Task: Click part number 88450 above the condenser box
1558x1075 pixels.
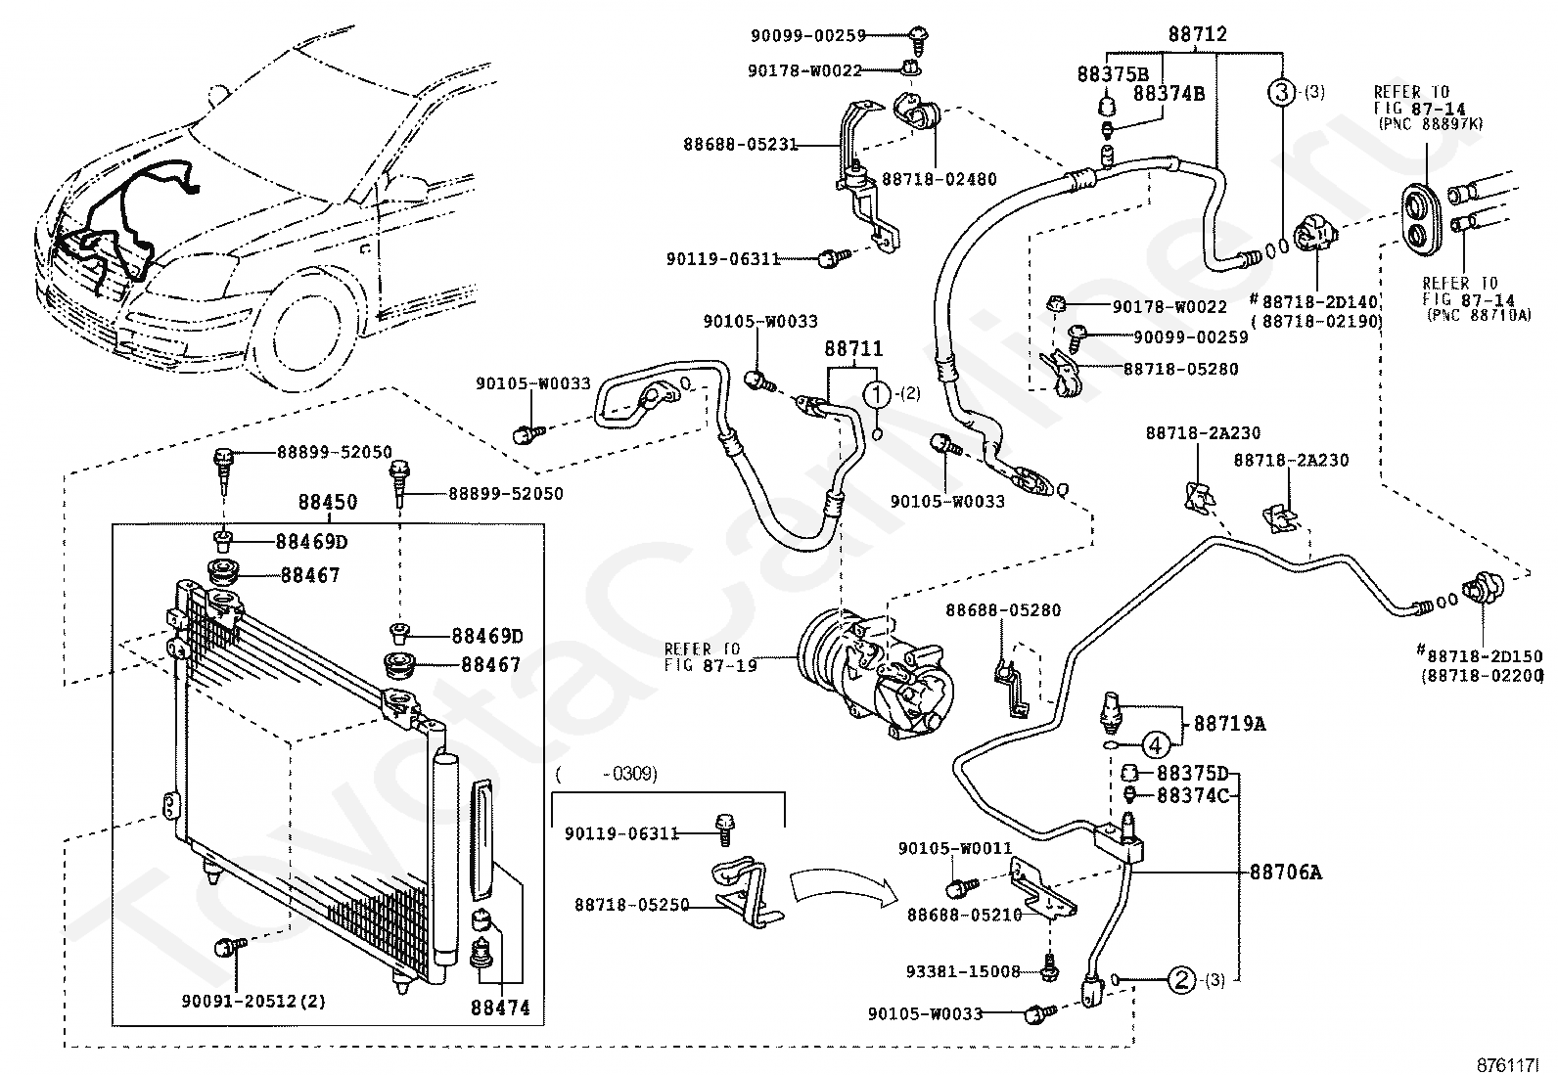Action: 327,502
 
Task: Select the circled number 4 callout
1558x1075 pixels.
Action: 1155,745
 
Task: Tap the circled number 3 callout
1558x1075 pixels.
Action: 1282,93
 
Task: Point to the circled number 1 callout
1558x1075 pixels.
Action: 877,394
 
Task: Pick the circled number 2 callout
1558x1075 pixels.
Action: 1181,979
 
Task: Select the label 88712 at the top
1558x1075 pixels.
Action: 1197,35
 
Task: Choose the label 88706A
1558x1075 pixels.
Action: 1285,873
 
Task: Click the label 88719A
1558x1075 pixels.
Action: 1229,724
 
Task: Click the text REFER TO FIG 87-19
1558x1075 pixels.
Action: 702,655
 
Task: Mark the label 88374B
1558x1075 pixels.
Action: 1168,94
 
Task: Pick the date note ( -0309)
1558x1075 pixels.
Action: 606,774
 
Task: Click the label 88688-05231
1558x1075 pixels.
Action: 740,145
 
